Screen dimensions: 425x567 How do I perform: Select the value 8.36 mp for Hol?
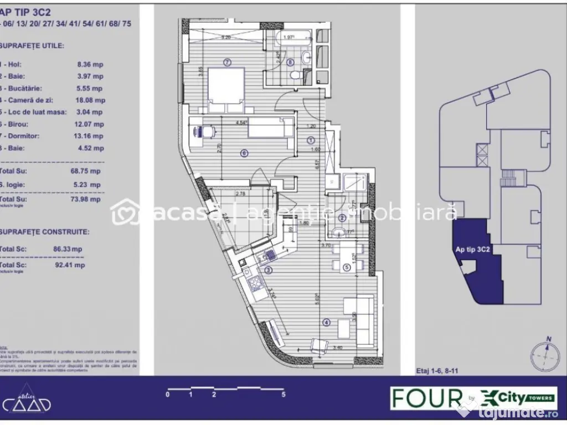90,64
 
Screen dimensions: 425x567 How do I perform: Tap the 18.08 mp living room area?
91,100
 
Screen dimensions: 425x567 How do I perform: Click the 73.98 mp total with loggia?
89,199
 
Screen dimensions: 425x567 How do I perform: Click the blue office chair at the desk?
199,132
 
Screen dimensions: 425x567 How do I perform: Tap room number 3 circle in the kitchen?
269,270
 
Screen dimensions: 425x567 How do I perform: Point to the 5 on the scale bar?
283,395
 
